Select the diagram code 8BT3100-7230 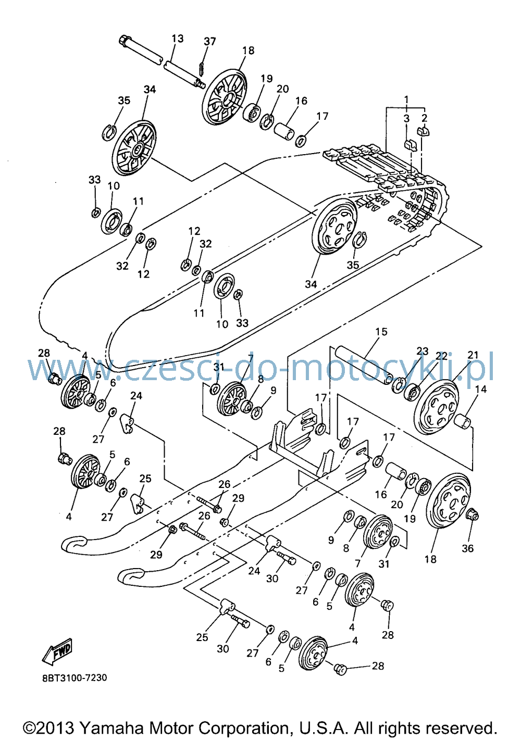coord(75,678)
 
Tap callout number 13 coord(178,39)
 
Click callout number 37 coord(209,41)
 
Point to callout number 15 coord(381,332)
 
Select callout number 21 coord(473,355)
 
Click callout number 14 coord(480,390)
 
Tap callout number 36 coord(468,548)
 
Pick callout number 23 coord(423,351)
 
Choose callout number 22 coord(442,356)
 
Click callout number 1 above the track coord(406,99)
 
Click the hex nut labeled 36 coord(472,515)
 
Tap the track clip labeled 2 coord(423,131)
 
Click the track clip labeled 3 coord(410,144)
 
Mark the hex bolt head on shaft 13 coord(125,41)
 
